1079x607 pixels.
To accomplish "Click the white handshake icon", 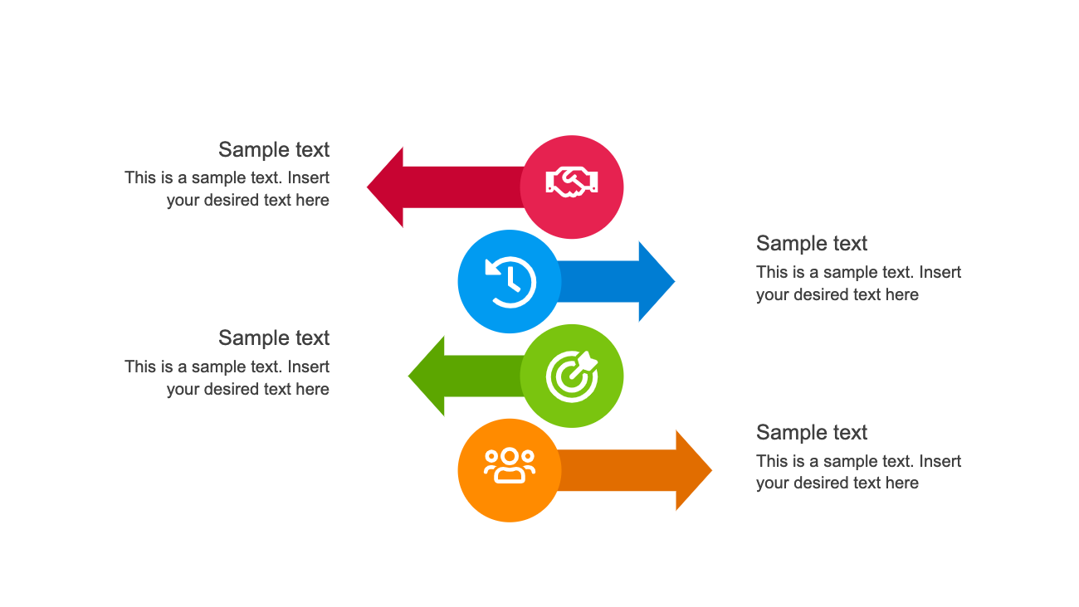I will point(572,182).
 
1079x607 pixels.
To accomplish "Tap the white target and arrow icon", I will point(572,376).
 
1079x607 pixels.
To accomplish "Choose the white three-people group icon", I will point(510,465).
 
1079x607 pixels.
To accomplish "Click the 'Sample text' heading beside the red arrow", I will point(274,150).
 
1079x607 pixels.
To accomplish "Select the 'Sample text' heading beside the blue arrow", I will point(812,244).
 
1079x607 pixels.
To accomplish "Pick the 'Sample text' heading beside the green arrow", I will point(274,338).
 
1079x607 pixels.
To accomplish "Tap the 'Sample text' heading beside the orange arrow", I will point(812,433).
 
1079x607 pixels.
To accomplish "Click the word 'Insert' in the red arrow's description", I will point(309,177).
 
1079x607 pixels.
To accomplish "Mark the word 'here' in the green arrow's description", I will point(312,389).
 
